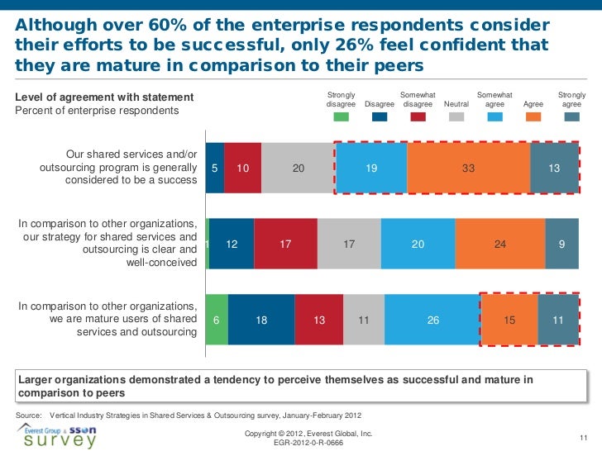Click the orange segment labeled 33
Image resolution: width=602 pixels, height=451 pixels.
pyautogui.click(x=468, y=168)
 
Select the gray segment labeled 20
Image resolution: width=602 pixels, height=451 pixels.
pyautogui.click(x=299, y=168)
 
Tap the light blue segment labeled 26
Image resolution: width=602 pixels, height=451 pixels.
pyautogui.click(x=432, y=319)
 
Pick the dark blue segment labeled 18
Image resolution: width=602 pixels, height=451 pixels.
pyautogui.click(x=261, y=319)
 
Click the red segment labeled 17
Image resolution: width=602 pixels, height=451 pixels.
pyautogui.click(x=286, y=244)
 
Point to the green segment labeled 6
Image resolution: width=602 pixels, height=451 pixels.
pyautogui.click(x=217, y=319)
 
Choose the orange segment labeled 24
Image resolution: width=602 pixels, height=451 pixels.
pyautogui.click(x=499, y=244)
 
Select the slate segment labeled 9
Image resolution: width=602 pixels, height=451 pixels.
pyautogui.click(x=561, y=244)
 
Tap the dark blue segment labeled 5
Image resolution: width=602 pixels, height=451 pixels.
pyautogui.click(x=214, y=168)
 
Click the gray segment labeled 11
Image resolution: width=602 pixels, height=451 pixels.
pyautogui.click(x=363, y=319)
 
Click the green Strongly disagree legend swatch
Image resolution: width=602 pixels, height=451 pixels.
pyautogui.click(x=341, y=117)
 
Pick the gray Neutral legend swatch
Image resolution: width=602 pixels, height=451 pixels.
pyautogui.click(x=456, y=117)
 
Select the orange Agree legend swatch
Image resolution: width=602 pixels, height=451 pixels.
pyautogui.click(x=533, y=117)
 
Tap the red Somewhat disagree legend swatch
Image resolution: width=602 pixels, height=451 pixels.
pyautogui.click(x=418, y=117)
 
